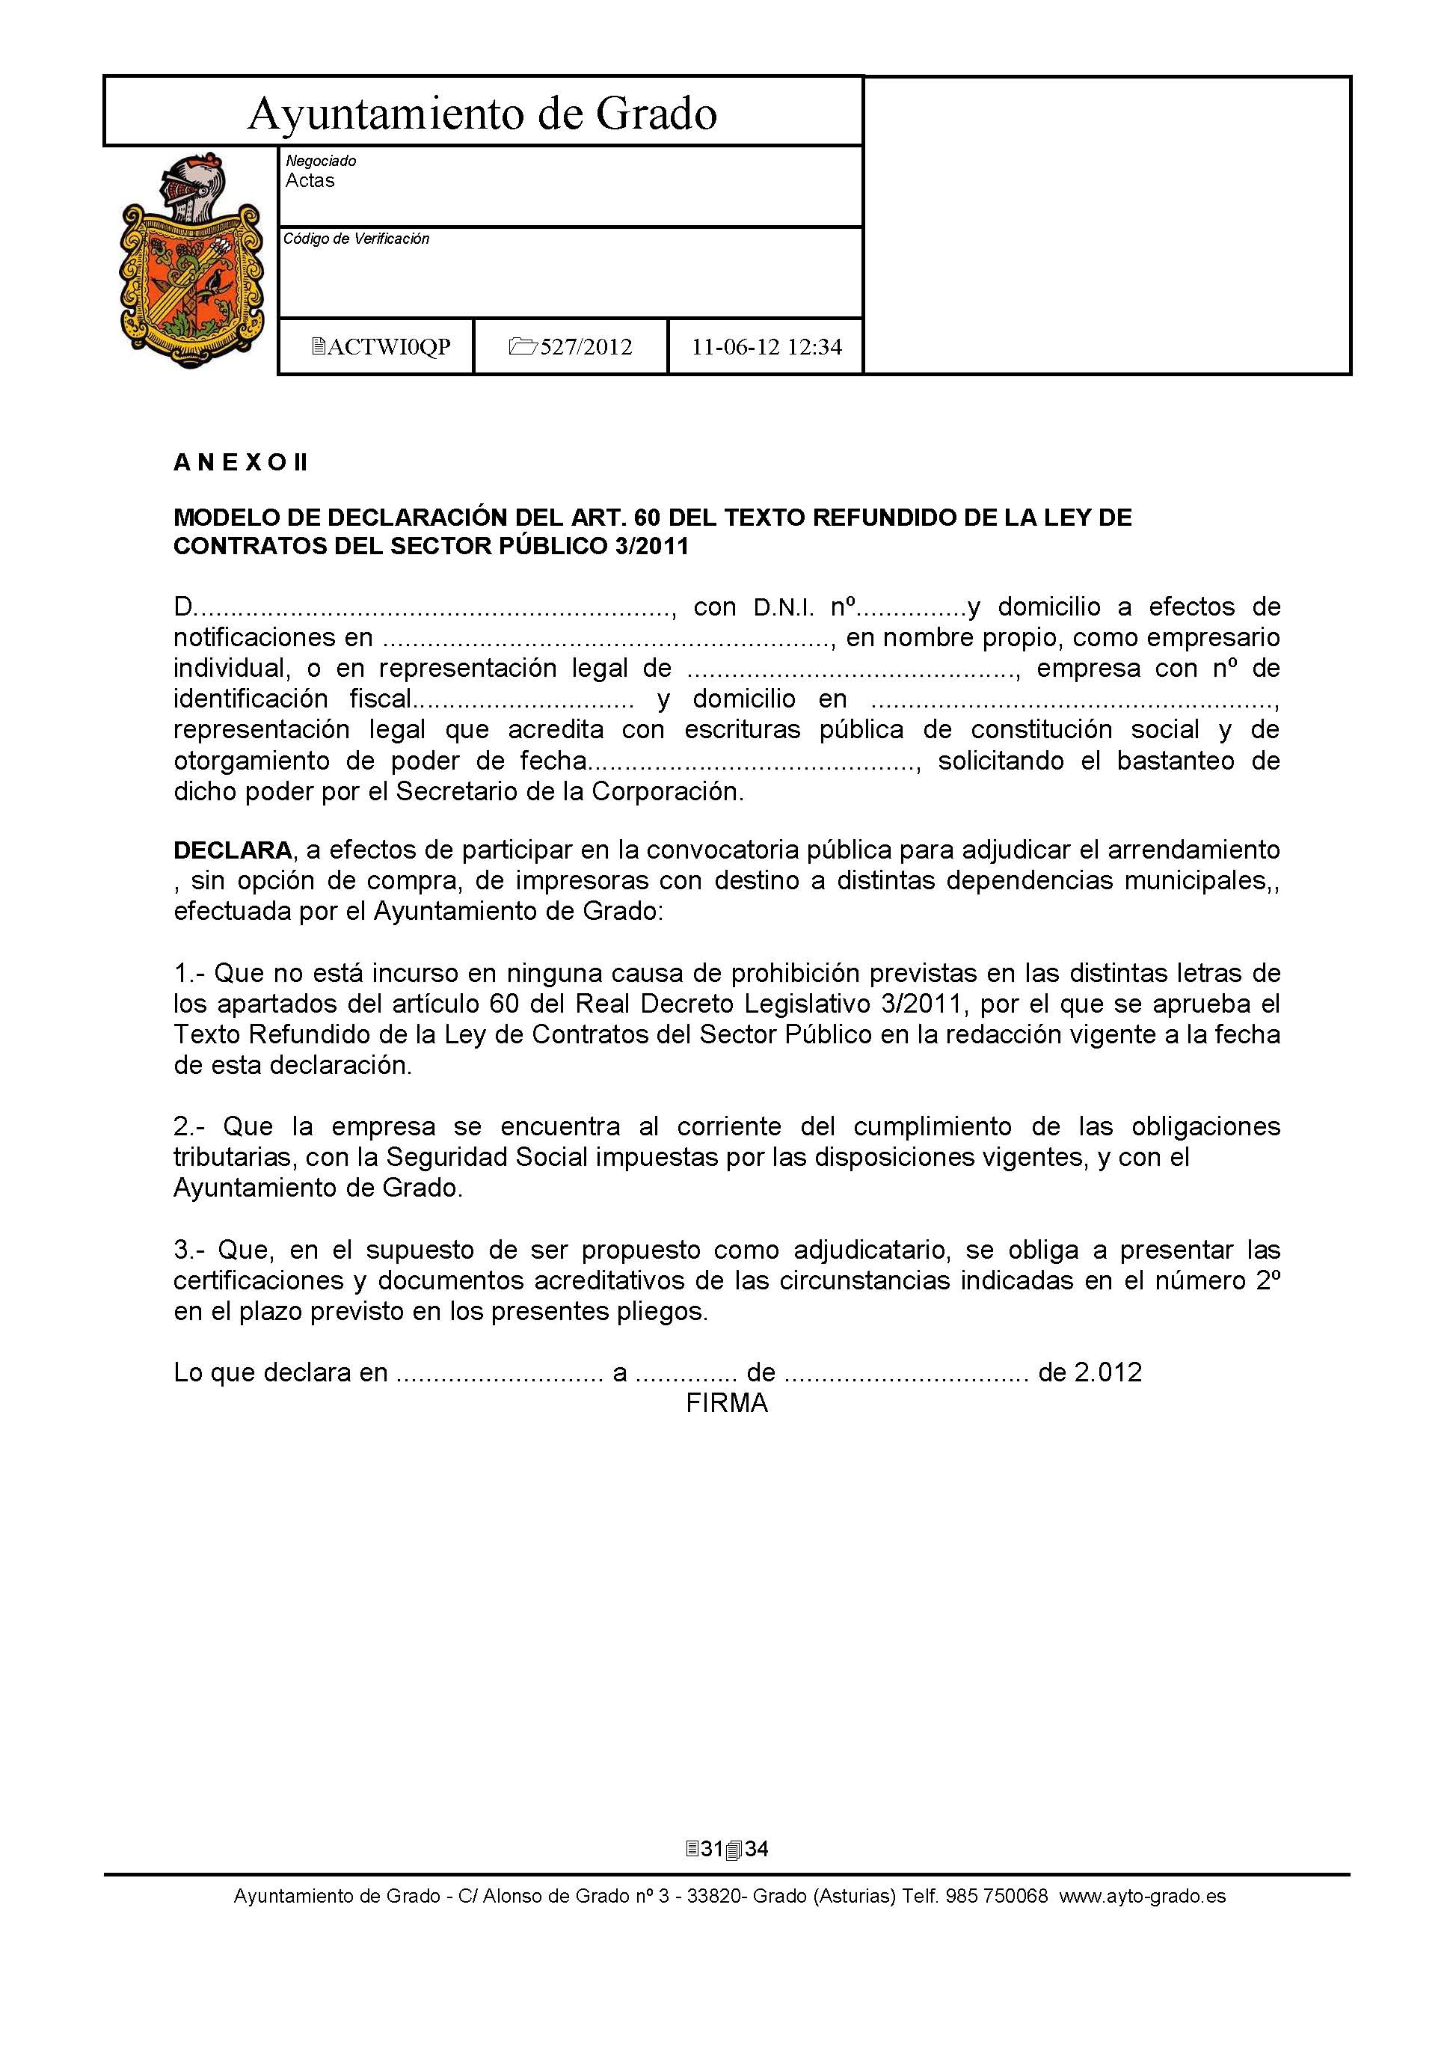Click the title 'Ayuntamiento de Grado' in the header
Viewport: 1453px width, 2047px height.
(482, 114)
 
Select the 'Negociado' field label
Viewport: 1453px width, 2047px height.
(320, 161)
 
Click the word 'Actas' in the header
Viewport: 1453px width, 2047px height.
(310, 181)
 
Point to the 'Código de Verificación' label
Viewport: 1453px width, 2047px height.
(356, 239)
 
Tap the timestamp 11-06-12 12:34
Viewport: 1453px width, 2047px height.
(766, 347)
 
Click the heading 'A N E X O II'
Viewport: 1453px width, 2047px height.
(240, 462)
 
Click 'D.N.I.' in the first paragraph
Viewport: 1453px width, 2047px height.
(784, 608)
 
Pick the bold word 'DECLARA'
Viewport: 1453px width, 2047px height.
(233, 850)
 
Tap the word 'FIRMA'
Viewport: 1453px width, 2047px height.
(727, 1404)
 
